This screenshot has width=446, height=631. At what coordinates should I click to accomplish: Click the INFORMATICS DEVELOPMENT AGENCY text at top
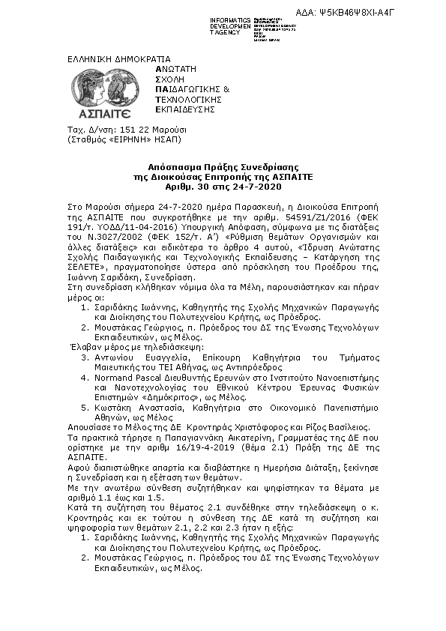point(230,25)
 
